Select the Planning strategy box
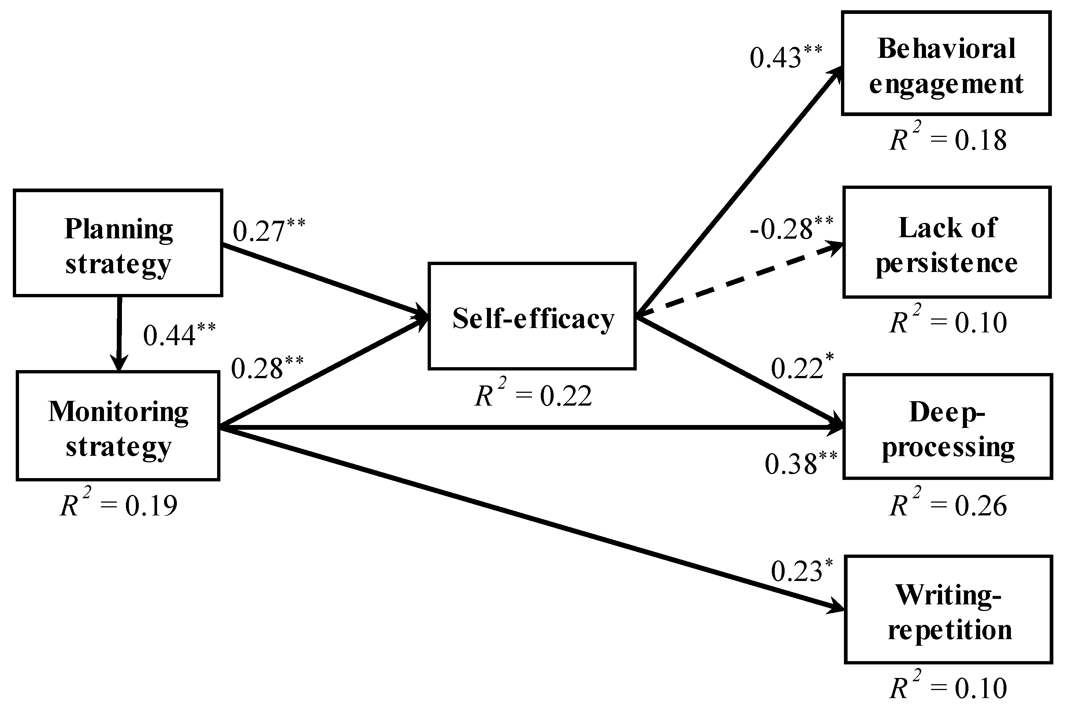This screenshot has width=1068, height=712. (118, 243)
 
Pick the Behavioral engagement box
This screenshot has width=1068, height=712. (946, 64)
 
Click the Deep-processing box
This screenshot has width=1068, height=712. (948, 427)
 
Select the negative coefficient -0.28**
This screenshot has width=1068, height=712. (791, 228)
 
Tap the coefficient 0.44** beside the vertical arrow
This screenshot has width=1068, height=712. (179, 335)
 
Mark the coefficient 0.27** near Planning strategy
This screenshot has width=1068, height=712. (268, 230)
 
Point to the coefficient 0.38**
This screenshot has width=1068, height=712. (800, 463)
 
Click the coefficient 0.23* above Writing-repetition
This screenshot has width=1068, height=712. (801, 571)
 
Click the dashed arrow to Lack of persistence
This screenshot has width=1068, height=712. (740, 279)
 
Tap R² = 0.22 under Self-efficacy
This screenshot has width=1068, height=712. (533, 395)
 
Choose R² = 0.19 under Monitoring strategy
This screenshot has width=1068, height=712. (119, 505)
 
